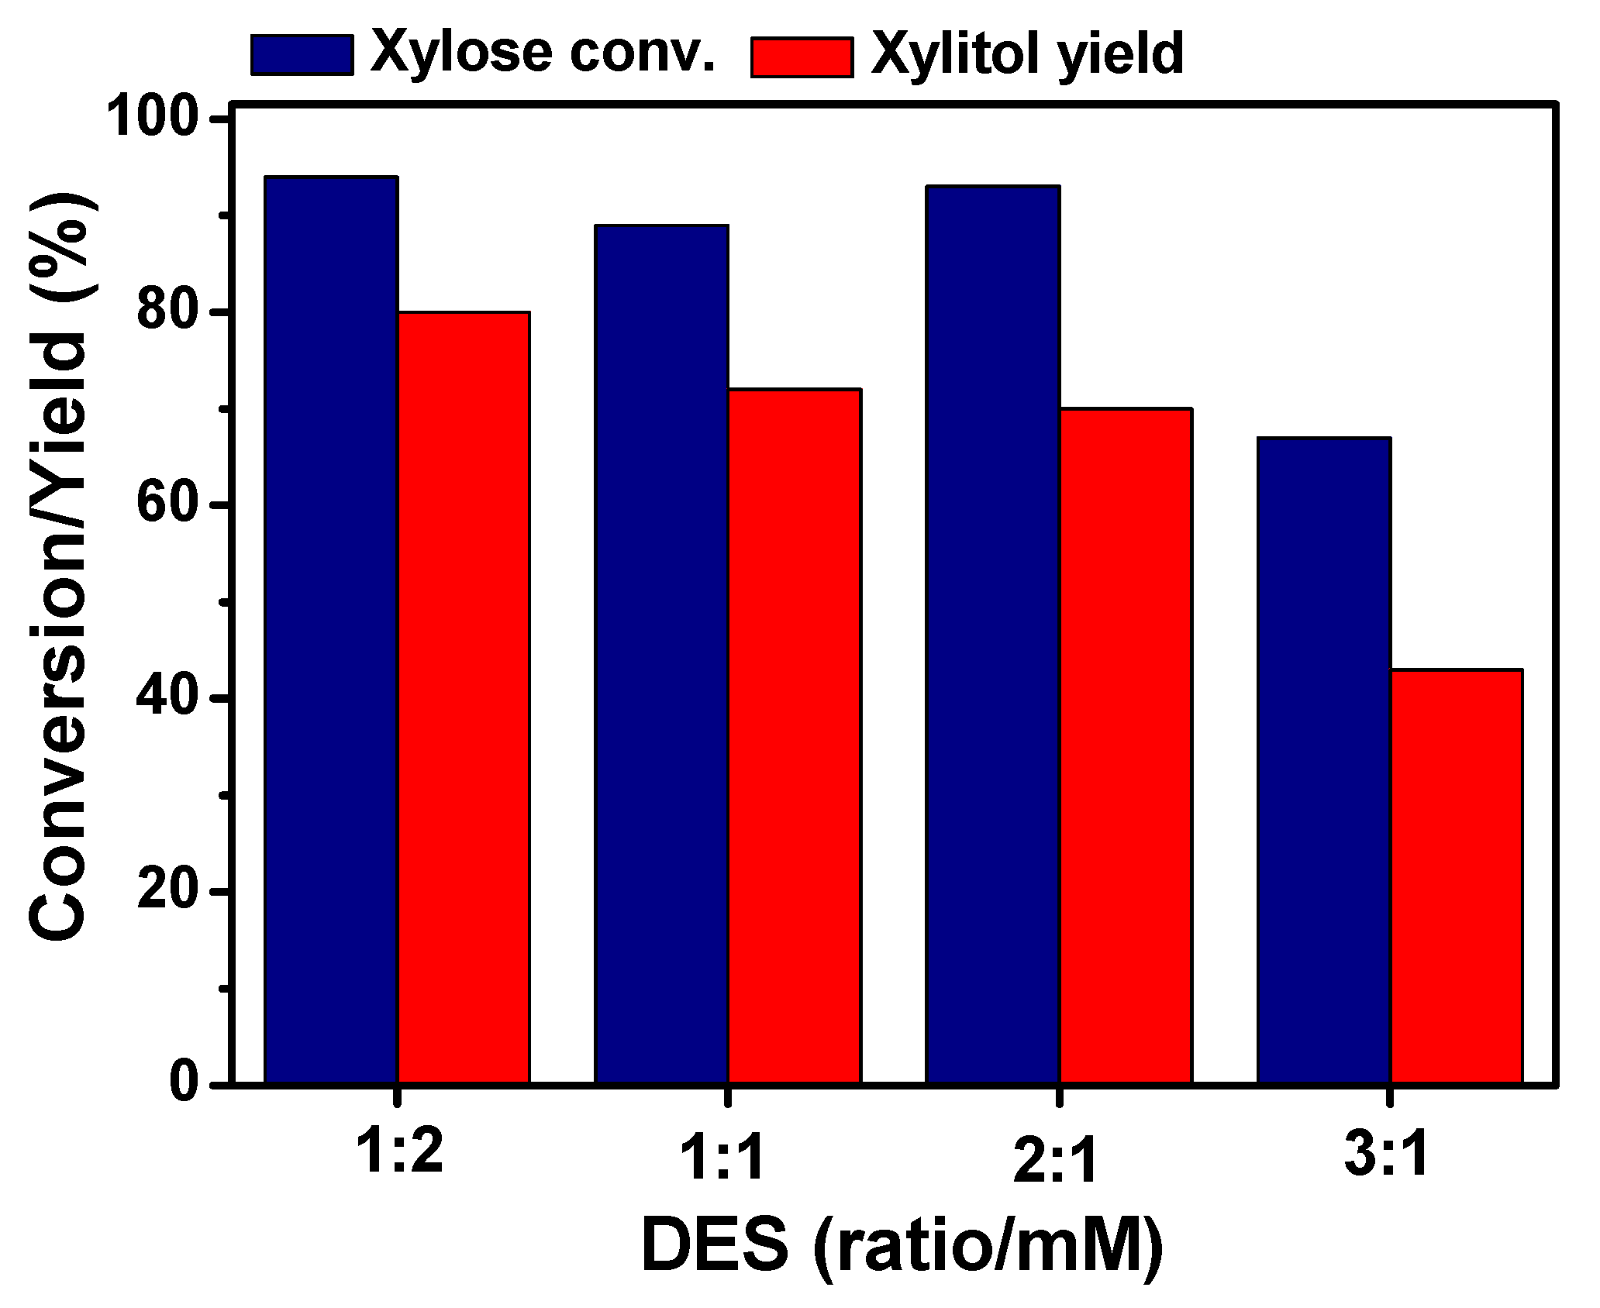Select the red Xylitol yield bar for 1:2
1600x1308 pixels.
[464, 697]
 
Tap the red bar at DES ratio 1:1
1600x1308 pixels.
[795, 736]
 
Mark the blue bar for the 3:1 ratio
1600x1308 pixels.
[1323, 759]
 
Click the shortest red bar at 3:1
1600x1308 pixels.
[1457, 876]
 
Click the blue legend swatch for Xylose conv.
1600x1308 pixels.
[302, 55]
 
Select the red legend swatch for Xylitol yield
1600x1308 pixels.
[802, 57]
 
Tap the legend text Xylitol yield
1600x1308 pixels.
[1028, 54]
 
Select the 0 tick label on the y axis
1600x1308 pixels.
[184, 1083]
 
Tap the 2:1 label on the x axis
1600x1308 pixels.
[1057, 1160]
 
